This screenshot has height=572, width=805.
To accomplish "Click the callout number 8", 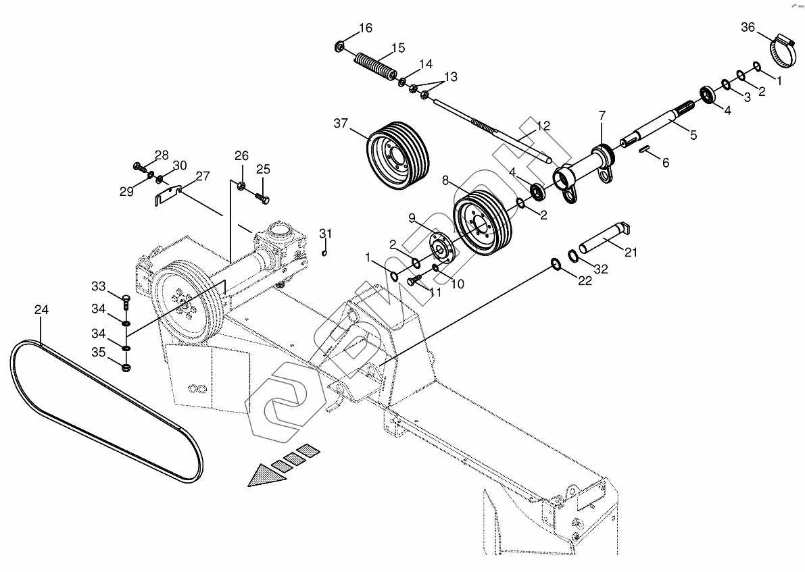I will point(445,181).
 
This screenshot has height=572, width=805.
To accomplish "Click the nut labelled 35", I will point(126,367).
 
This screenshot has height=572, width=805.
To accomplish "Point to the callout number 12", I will point(543,126).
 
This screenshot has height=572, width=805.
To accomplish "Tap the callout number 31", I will point(326,234).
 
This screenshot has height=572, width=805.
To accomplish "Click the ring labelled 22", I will point(556,263).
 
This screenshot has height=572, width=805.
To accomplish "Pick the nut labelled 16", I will point(339,47).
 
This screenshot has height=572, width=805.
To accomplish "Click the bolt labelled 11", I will point(414,280).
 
